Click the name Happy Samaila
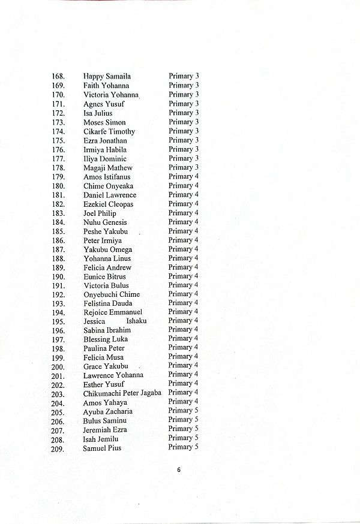pos(107,77)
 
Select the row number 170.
pos(58,95)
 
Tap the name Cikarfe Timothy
pos(109,131)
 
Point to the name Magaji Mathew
pos(108,168)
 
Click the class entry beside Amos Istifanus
pos(184,177)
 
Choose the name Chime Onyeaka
pos(109,186)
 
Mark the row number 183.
pos(58,213)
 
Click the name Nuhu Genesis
pos(105,222)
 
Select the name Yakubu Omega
pos(108,249)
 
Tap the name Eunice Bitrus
pos(105,276)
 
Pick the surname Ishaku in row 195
pos(136,321)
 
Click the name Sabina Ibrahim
pos(107,330)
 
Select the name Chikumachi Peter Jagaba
pos(122,393)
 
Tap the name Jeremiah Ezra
pos(105,430)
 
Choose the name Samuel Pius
pos(102,448)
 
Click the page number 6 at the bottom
pos(179,469)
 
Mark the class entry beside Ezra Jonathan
pos(184,140)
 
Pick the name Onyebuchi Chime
pos(112,294)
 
